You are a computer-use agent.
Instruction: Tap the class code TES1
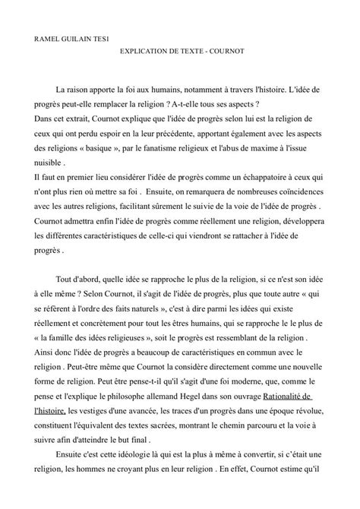click(99, 36)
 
